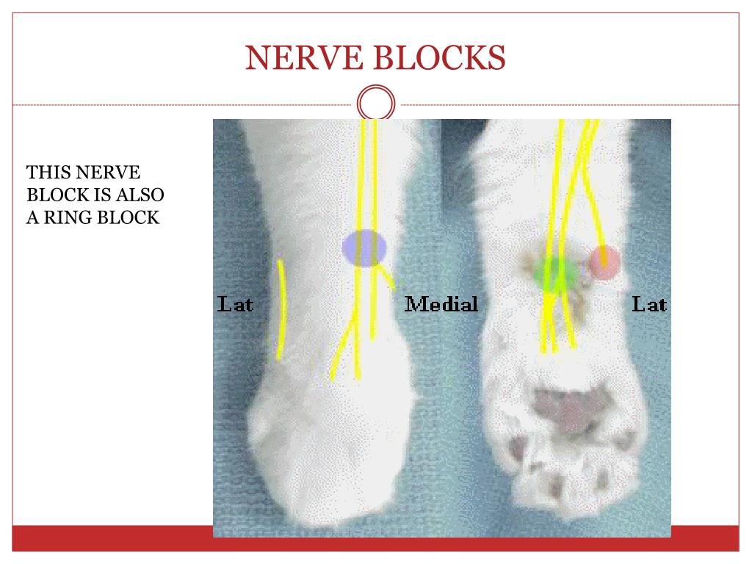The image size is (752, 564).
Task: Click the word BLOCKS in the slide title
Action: pyautogui.click(x=439, y=58)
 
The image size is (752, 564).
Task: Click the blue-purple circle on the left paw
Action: pyautogui.click(x=364, y=248)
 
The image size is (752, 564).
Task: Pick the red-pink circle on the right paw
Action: pyautogui.click(x=604, y=262)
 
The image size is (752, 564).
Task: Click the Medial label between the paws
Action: pyautogui.click(x=441, y=303)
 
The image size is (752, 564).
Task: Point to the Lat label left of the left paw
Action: pyautogui.click(x=235, y=303)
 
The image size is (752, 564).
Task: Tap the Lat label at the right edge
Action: pyautogui.click(x=649, y=303)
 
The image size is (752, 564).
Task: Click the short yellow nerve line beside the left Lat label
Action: pyautogui.click(x=281, y=308)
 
